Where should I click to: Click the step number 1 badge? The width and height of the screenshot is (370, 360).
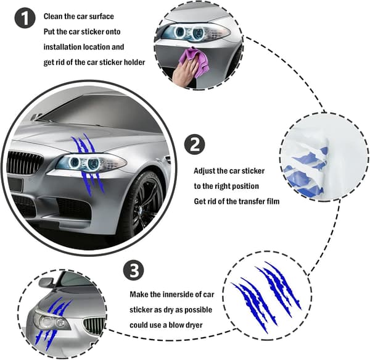(25, 18)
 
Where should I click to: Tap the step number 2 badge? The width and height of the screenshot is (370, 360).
(195, 144)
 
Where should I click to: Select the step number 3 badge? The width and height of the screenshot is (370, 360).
(134, 270)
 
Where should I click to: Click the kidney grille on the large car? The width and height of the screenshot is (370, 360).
(25, 163)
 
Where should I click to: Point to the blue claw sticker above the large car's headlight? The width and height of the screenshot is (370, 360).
(84, 144)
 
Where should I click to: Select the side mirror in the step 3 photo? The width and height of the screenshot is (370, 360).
(48, 283)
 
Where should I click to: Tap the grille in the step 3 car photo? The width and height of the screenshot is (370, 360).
(94, 325)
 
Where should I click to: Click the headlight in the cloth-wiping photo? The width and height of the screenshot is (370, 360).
(195, 33)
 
